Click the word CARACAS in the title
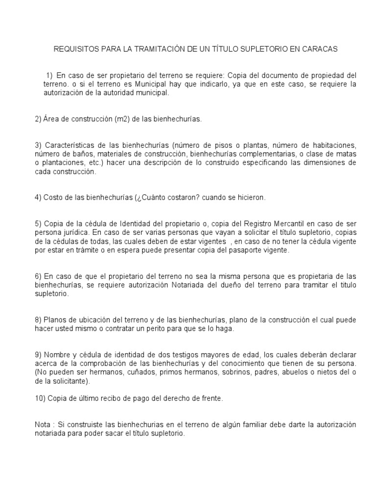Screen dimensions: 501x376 point(321,49)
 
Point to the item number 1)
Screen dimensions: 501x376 point(49,76)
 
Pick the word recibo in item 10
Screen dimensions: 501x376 point(108,399)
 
